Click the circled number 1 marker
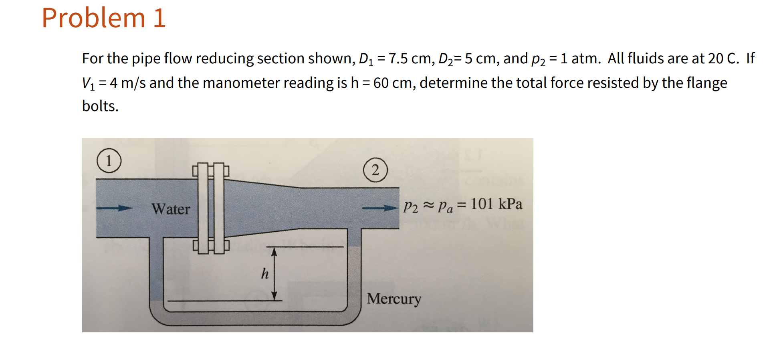click(x=109, y=160)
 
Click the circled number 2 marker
click(x=375, y=170)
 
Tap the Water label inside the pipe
click(x=170, y=209)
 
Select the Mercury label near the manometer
click(x=394, y=299)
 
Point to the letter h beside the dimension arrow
click(x=265, y=273)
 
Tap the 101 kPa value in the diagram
click(x=496, y=204)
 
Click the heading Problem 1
click(x=103, y=18)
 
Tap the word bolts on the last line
click(x=100, y=106)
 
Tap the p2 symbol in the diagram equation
click(x=410, y=206)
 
